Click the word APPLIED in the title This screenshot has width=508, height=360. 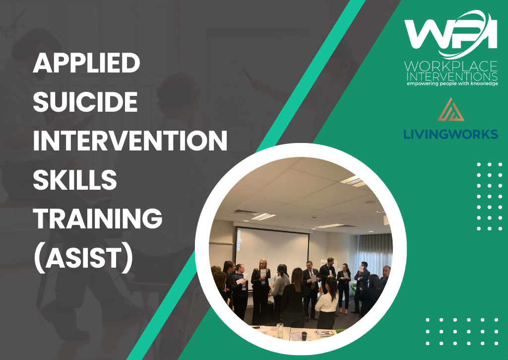click(x=86, y=63)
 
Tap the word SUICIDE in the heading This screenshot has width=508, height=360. click(x=85, y=101)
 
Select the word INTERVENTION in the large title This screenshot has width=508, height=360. click(x=130, y=141)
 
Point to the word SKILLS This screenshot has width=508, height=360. click(x=75, y=179)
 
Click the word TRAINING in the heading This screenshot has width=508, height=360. click(x=98, y=218)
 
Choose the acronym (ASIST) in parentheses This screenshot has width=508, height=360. click(x=83, y=258)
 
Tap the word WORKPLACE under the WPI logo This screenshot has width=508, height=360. click(x=450, y=67)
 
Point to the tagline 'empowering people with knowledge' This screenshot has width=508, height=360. click(x=452, y=84)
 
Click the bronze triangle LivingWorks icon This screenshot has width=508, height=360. click(x=450, y=110)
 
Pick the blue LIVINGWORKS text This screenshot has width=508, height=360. click(x=450, y=134)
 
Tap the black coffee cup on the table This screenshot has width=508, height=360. click(x=304, y=336)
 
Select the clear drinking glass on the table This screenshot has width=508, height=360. click(x=280, y=330)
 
